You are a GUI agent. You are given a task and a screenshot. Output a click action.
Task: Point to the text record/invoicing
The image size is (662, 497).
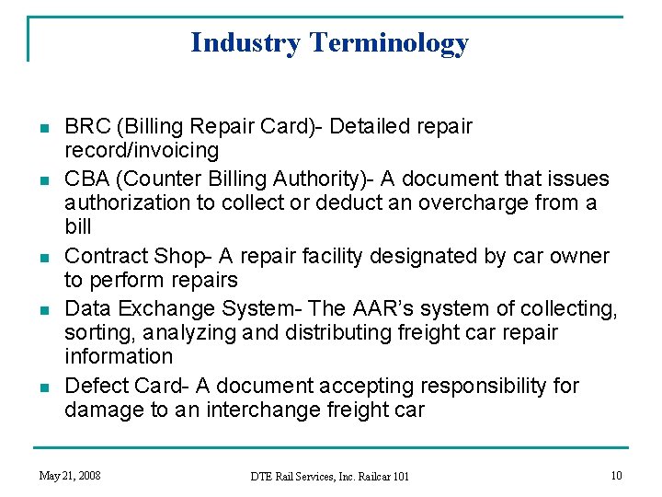pos(142,149)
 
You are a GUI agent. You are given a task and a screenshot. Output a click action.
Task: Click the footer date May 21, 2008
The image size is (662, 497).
pos(70,475)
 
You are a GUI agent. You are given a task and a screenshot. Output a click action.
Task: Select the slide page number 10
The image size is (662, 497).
pos(616,475)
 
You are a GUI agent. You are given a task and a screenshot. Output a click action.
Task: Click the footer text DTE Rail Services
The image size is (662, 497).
pos(296,476)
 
